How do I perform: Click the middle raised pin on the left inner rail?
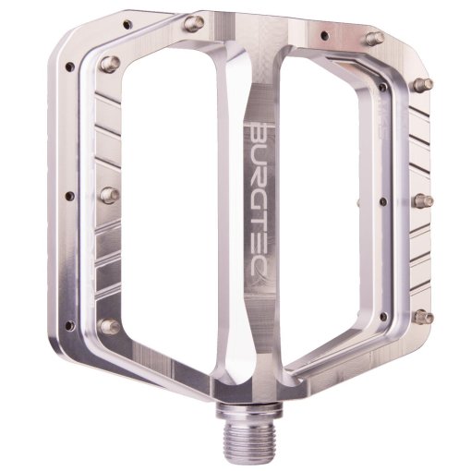click(108, 195)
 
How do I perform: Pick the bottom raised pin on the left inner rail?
click(109, 325)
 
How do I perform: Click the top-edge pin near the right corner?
click(374, 38)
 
